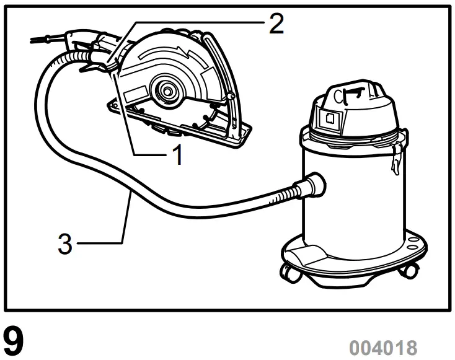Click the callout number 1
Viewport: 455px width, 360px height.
pos(177,155)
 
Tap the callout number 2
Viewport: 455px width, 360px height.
pos(275,24)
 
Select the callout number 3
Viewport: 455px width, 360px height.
pos(65,244)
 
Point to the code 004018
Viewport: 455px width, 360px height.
pos(382,346)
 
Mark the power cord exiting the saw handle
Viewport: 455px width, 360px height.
pos(50,40)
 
